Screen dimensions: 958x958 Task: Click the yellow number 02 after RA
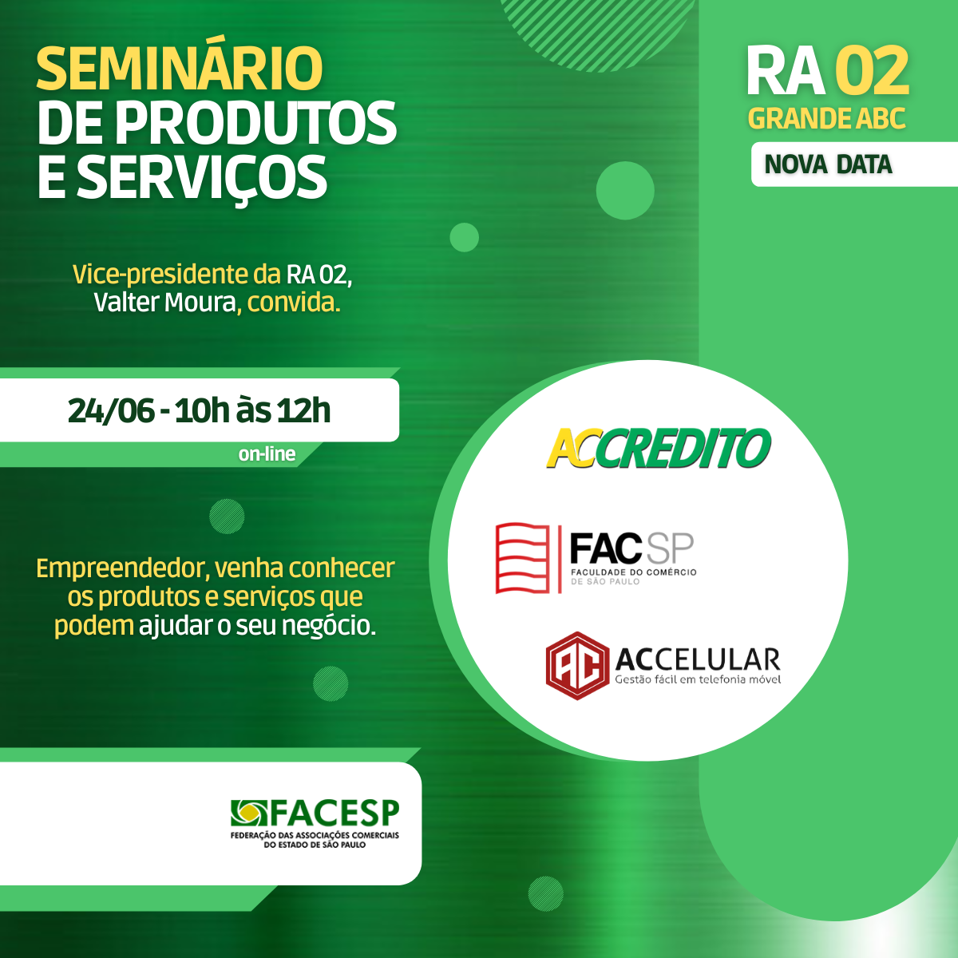click(872, 71)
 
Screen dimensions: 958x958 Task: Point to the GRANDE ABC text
click(826, 118)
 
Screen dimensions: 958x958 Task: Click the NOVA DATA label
click(828, 165)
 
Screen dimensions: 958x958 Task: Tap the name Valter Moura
click(164, 303)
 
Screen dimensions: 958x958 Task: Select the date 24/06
click(111, 410)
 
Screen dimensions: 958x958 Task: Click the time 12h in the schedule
click(303, 410)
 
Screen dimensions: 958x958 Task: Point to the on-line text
click(267, 454)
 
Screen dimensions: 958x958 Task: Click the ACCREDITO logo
click(659, 448)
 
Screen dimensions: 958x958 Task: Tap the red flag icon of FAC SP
click(522, 558)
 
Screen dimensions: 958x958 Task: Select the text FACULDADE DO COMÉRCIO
click(633, 572)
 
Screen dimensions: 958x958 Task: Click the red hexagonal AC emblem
click(577, 666)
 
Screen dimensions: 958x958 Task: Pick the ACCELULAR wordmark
click(698, 659)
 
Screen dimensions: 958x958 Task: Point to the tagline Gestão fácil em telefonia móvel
click(698, 679)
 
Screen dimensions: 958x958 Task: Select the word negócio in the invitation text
click(329, 626)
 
